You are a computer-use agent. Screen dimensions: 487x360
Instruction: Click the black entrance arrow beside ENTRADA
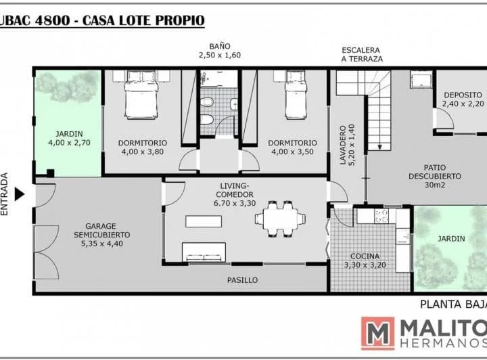[x=20, y=194]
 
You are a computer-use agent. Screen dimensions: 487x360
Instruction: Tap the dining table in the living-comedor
[x=280, y=219]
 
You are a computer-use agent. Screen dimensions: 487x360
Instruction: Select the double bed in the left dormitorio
[x=141, y=95]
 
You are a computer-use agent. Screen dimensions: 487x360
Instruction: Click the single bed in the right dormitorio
[x=296, y=95]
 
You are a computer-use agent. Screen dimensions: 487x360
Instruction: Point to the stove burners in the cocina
[x=381, y=216]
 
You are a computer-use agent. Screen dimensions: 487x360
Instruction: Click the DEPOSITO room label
[x=463, y=95]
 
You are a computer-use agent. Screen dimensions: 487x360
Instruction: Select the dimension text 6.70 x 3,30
[x=235, y=204]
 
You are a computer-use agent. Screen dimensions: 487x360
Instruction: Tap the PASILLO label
[x=242, y=280]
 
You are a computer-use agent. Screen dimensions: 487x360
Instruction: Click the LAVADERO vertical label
[x=342, y=145]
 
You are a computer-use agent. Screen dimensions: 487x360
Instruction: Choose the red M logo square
[x=377, y=334]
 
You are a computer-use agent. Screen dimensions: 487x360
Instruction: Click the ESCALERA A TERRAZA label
[x=362, y=54]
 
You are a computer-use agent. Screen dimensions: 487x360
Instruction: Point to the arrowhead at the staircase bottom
[x=379, y=147]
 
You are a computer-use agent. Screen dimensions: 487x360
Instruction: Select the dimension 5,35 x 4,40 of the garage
[x=102, y=244]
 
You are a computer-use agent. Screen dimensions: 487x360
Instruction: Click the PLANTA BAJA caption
[x=453, y=305]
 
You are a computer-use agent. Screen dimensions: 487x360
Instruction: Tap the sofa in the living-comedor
[x=204, y=252]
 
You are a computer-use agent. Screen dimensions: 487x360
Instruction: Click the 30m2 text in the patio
[x=434, y=185]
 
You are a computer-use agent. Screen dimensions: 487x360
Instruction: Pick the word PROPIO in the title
[x=179, y=20]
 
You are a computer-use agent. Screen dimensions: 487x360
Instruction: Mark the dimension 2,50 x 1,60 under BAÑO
[x=220, y=55]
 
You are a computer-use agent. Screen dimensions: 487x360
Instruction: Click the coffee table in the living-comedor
[x=204, y=221]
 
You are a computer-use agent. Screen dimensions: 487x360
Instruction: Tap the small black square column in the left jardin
[x=50, y=173]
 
